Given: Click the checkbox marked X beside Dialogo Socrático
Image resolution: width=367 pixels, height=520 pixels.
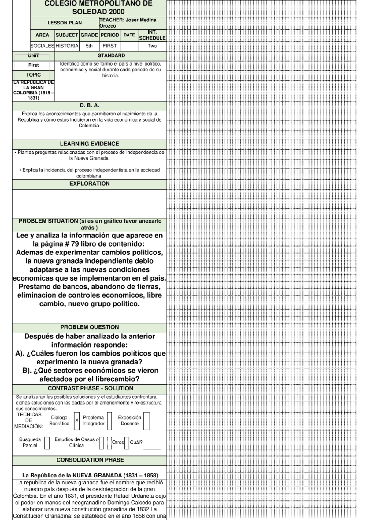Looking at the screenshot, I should point(76,420).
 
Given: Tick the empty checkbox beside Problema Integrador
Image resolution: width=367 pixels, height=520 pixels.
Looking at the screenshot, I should point(109,420).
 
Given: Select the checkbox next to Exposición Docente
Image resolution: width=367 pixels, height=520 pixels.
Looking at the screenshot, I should point(146,420).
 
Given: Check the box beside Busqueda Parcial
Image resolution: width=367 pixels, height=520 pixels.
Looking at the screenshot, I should point(47,443).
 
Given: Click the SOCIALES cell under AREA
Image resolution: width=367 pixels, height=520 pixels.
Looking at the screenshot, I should point(43,46).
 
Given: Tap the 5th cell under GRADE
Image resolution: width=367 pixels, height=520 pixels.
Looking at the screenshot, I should point(89,46).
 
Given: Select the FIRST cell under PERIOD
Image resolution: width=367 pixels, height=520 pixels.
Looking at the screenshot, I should point(109,46).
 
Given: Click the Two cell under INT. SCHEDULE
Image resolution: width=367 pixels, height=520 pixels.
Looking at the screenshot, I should point(152,46).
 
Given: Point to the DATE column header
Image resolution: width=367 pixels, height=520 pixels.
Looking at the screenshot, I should point(129,35).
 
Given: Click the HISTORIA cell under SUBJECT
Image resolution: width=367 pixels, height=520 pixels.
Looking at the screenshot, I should point(67,46).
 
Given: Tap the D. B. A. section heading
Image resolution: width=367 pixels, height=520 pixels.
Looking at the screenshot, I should point(89,106).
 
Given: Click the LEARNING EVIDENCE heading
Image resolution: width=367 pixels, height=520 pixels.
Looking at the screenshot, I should point(89,144).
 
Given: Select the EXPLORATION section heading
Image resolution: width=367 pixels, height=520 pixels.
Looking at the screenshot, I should point(89,184).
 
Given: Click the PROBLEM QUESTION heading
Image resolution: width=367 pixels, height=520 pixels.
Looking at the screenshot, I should point(89,327).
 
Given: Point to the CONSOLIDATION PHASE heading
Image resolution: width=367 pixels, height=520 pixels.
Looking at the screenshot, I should point(90,460).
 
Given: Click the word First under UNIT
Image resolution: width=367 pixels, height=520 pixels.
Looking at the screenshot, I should point(33,65).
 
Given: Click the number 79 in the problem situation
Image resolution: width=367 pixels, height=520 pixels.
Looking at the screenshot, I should point(75,244).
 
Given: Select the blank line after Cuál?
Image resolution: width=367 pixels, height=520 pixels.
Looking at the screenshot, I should point(152,448).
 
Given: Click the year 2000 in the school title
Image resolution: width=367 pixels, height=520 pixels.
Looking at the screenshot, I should point(115,12).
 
